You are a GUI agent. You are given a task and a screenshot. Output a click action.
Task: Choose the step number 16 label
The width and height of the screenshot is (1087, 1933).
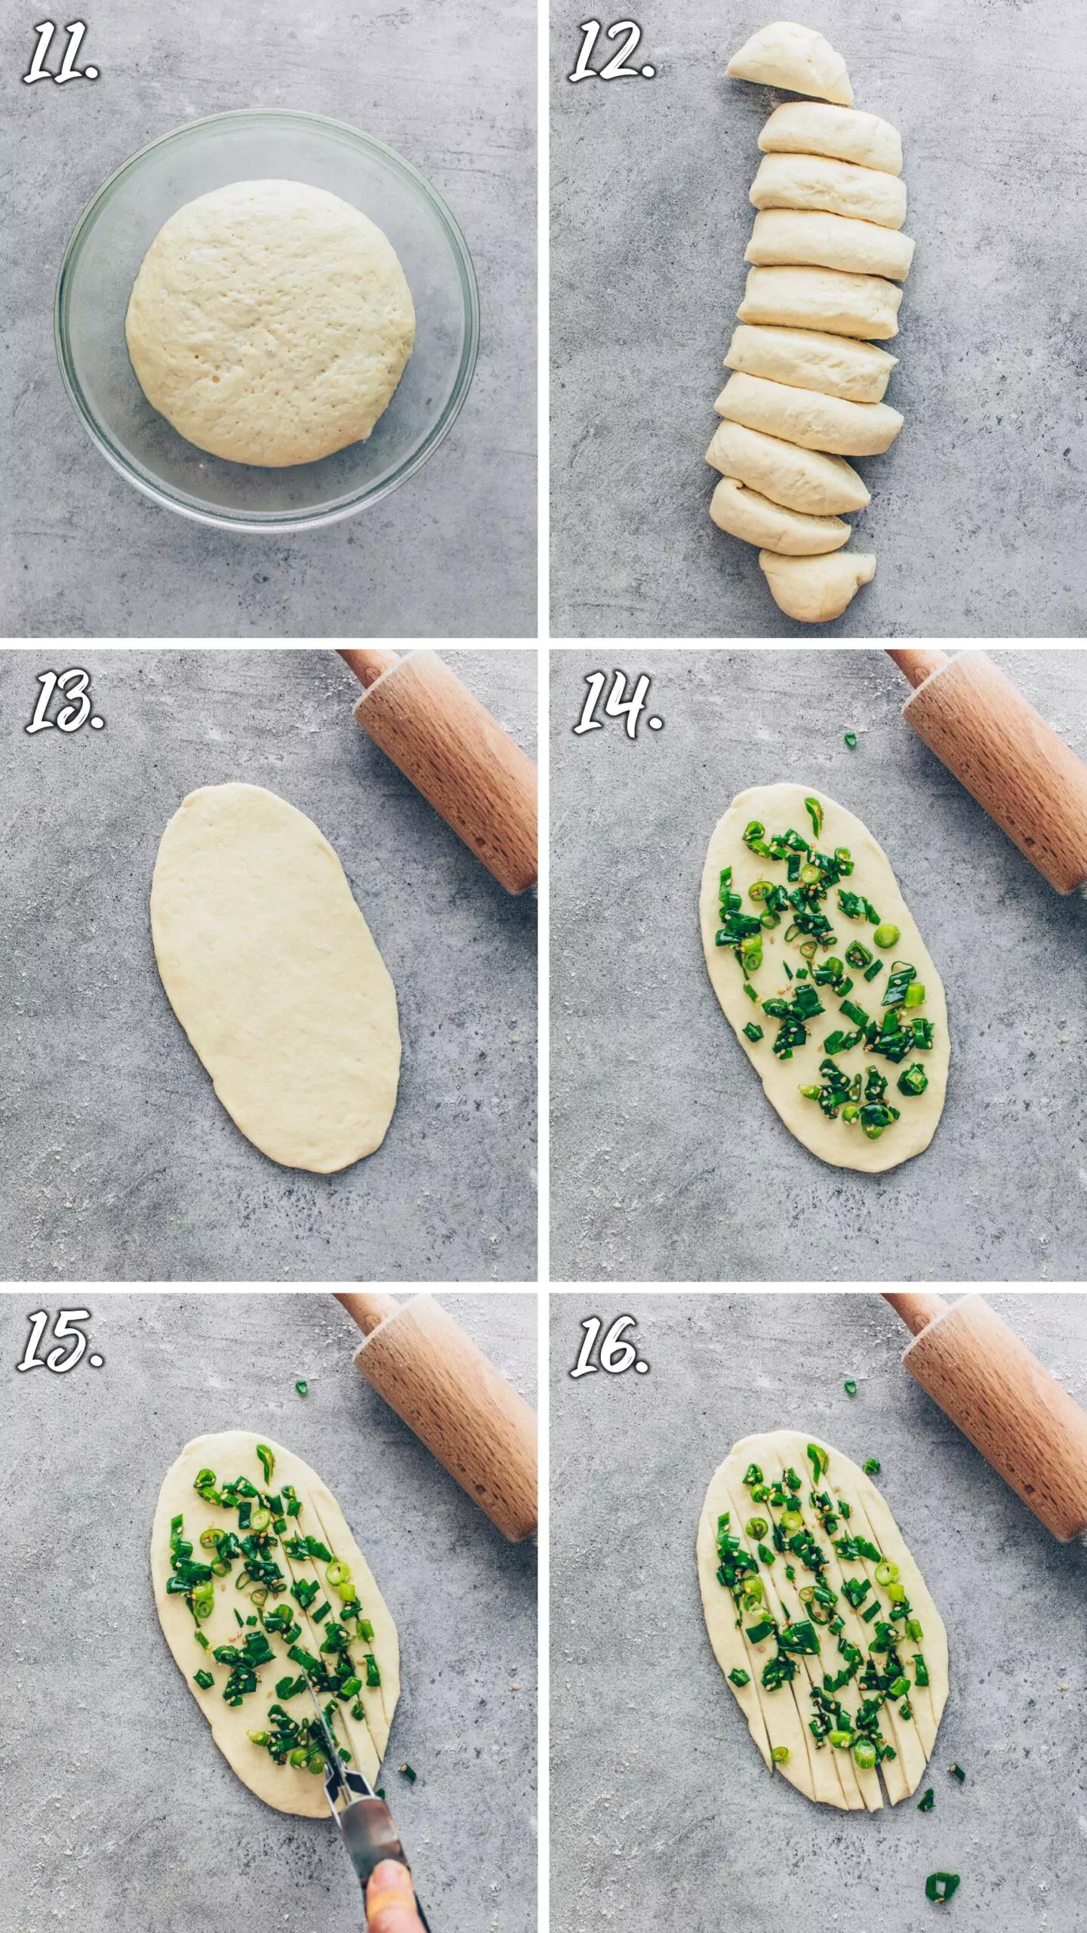[x=610, y=1346]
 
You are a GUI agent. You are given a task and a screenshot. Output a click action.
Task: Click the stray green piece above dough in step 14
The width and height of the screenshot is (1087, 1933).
[x=851, y=740]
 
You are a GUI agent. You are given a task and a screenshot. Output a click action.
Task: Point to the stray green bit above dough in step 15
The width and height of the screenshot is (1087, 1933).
[x=302, y=1387]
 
